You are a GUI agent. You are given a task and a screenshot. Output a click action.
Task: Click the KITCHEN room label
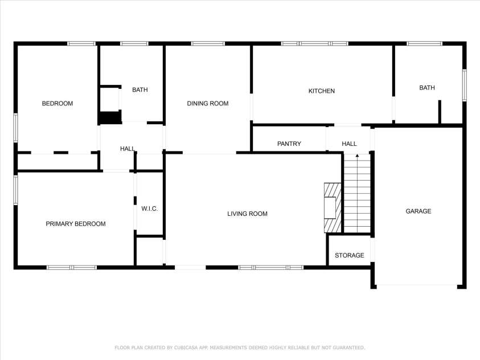[322, 91]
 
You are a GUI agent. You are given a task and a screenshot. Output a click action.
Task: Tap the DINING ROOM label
[208, 104]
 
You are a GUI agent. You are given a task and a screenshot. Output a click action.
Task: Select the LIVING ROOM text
[247, 214]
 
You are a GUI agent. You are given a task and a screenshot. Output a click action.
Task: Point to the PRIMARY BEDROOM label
[76, 224]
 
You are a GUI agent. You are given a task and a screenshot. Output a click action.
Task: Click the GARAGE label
[418, 211]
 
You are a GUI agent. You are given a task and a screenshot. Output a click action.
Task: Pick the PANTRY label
[289, 144]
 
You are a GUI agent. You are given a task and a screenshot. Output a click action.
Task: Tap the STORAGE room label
[349, 255]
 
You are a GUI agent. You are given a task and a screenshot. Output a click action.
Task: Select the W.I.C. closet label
[149, 209]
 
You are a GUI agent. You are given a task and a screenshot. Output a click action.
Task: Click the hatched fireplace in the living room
[333, 207]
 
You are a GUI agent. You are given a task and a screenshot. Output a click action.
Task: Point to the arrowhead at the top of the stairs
[357, 156]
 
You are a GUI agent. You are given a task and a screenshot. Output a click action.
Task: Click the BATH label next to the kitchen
[427, 88]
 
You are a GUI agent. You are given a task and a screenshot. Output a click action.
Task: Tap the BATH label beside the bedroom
[140, 89]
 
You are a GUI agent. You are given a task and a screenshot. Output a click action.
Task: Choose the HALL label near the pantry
[349, 144]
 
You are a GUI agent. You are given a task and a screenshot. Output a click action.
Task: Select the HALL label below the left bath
[128, 149]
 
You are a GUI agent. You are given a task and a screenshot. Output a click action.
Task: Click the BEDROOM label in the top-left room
[58, 104]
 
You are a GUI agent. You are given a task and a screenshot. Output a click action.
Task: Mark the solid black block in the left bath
[110, 117]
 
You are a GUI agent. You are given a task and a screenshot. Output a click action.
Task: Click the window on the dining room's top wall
[208, 43]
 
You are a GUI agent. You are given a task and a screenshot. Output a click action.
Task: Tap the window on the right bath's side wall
[465, 85]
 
